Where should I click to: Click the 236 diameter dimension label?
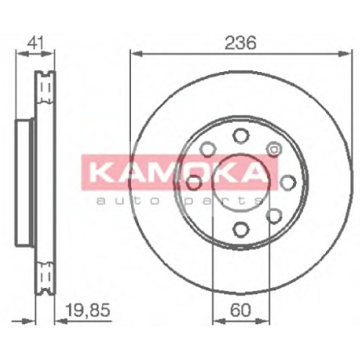pos(240,42)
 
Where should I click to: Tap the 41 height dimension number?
pos(35,43)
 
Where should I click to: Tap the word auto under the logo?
pos(128,201)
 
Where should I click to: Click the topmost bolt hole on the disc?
pos(240,136)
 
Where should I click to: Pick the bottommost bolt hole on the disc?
pos(240,229)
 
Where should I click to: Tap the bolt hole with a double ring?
pos(274,149)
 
